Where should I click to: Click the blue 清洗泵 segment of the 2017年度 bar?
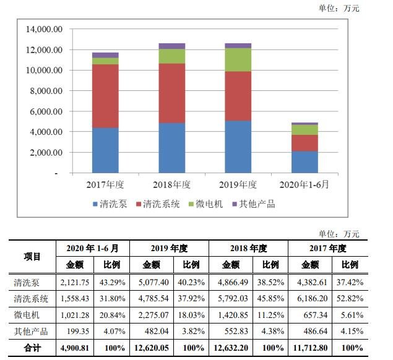(105, 150)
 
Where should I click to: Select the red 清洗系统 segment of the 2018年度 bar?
(171, 93)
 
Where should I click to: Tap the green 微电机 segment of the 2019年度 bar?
(238, 59)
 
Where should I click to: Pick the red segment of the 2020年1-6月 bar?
(304, 143)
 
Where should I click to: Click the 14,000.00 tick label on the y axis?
(44, 29)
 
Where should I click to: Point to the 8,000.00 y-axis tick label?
(45, 91)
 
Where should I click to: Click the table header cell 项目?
(32, 256)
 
